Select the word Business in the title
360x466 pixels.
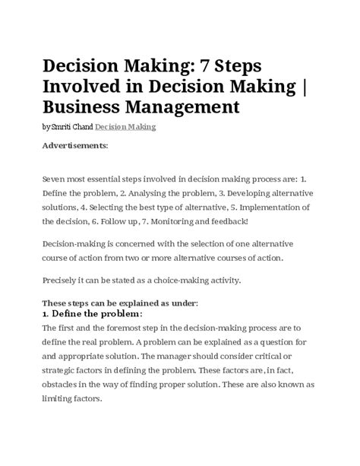coord(90,104)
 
